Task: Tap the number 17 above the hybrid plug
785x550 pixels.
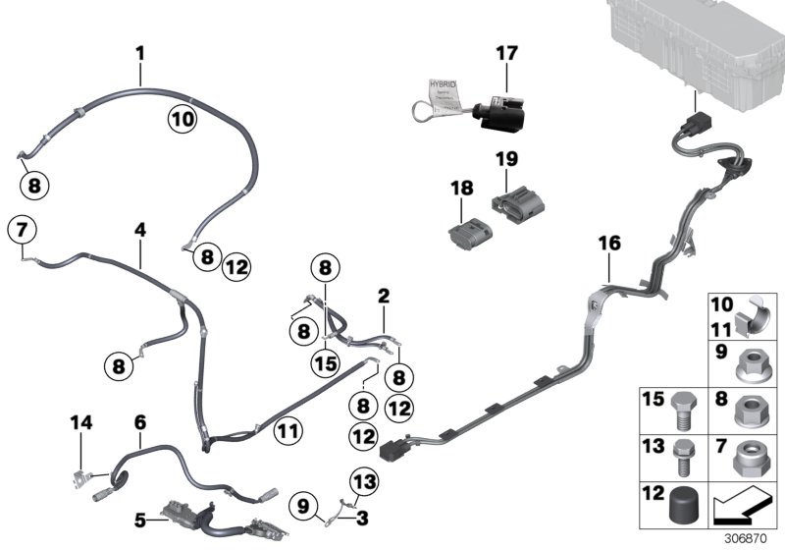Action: coord(506,53)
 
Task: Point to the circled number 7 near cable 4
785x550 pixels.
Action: coord(22,231)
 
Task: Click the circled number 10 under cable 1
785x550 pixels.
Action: coord(183,119)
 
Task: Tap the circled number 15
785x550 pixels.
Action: coord(325,362)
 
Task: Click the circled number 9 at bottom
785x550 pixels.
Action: coord(305,506)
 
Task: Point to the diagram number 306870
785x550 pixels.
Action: coord(749,537)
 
